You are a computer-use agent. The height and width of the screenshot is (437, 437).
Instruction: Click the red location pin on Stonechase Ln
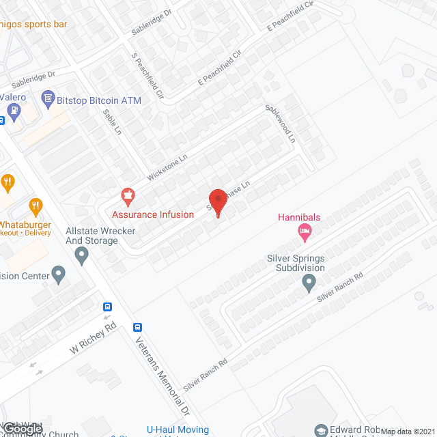[218, 201]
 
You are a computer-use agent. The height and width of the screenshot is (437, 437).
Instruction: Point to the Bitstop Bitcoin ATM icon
[48, 100]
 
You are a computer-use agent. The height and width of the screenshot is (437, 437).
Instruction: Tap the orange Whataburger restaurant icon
[36, 204]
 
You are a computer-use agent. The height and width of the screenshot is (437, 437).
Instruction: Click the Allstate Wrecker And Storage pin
[83, 256]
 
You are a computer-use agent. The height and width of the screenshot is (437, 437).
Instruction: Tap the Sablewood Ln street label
[280, 123]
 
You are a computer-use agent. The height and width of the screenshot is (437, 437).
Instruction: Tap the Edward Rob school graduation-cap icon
[321, 430]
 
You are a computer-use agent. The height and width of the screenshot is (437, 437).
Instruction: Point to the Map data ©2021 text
[407, 432]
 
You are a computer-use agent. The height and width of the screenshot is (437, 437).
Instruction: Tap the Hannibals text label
[298, 218]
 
